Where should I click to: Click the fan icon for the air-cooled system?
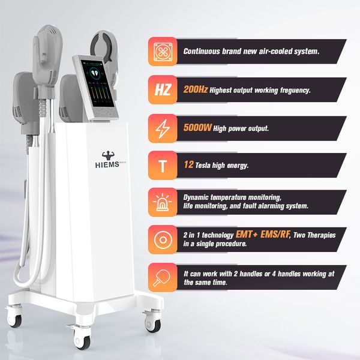(163, 52)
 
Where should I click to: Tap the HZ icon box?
(163, 90)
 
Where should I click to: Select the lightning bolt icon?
(163, 128)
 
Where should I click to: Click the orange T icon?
(163, 165)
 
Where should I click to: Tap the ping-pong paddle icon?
(163, 277)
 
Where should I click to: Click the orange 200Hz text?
(196, 90)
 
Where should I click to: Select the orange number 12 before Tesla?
(188, 164)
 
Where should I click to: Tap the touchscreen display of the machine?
(94, 85)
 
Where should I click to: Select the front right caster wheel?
(154, 325)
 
